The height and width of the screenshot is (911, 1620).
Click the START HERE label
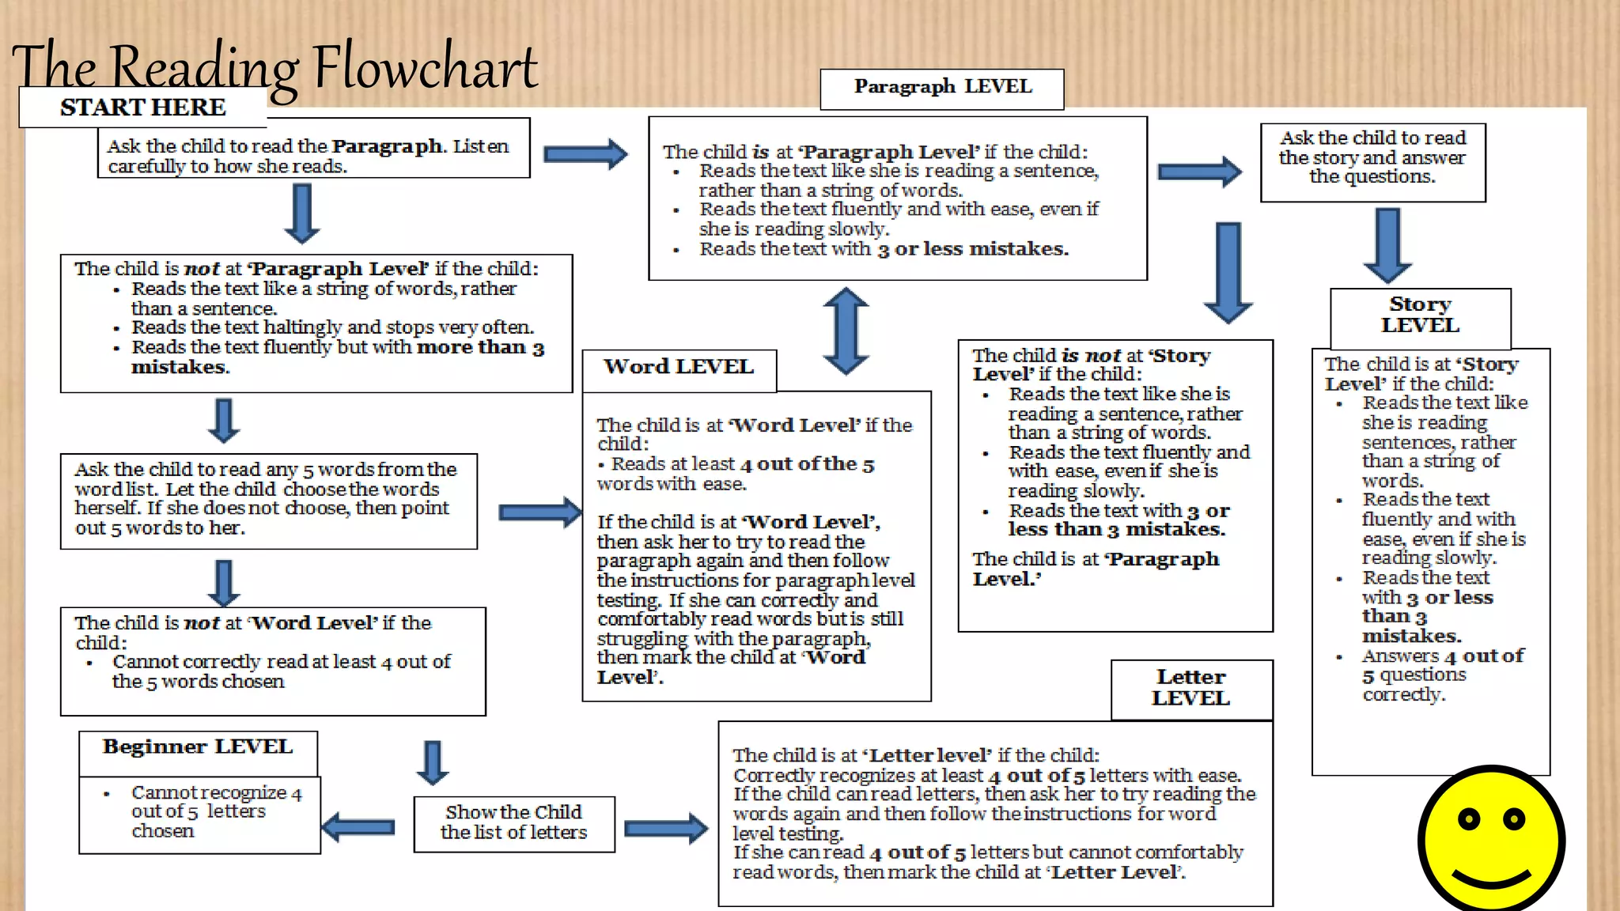(143, 108)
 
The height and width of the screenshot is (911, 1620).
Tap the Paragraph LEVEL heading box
(942, 88)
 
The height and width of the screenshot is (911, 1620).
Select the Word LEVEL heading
(679, 368)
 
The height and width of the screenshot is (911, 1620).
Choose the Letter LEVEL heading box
(1191, 689)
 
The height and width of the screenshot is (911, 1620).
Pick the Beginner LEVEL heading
(198, 748)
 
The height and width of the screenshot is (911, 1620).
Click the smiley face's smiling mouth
(1491, 879)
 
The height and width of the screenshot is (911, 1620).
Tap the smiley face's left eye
(1468, 819)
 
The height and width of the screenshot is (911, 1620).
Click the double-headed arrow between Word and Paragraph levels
(846, 331)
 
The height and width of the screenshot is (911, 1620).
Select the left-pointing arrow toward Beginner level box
(358, 827)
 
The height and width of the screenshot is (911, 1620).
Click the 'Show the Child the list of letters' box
(514, 823)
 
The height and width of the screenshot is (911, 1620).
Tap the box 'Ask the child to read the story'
(1372, 158)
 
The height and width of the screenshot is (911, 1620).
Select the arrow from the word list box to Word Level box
(541, 512)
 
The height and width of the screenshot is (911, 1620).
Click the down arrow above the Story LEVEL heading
(1387, 244)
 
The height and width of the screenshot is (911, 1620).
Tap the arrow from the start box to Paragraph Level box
(585, 154)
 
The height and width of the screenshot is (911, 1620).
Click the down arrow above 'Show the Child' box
(432, 762)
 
